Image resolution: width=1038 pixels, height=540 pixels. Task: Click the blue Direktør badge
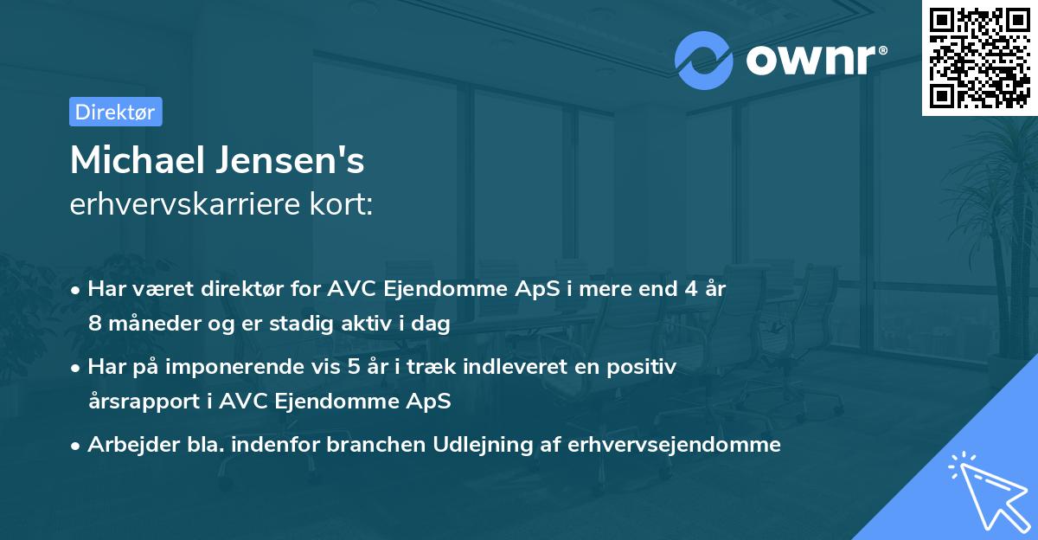(x=115, y=112)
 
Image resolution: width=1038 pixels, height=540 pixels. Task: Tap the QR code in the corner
(x=980, y=57)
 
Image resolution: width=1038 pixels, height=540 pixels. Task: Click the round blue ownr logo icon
(x=704, y=59)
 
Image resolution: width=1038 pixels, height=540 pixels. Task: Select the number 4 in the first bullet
(x=689, y=289)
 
